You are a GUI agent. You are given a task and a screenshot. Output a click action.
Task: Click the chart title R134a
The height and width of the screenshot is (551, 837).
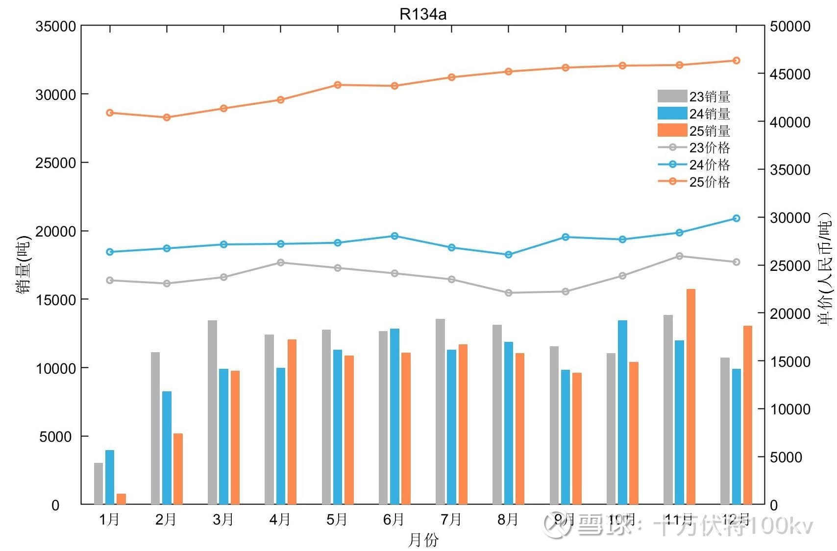click(422, 14)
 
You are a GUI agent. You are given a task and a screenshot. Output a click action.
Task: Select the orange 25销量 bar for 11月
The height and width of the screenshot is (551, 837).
click(690, 397)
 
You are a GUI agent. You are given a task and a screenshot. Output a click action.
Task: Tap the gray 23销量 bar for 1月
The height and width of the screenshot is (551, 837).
click(98, 483)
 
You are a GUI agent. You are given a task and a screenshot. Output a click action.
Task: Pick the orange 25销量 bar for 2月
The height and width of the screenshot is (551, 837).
click(178, 469)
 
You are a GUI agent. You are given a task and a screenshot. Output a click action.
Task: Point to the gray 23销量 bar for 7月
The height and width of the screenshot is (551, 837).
click(440, 411)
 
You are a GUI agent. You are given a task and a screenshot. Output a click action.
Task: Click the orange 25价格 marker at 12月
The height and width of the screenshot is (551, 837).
click(736, 61)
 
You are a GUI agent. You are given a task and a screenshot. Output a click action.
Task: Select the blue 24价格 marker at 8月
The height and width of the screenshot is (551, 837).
click(509, 255)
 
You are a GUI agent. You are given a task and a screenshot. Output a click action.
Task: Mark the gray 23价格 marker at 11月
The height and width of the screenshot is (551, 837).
click(679, 256)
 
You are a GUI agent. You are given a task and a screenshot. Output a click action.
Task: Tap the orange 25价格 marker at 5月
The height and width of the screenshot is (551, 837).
click(338, 85)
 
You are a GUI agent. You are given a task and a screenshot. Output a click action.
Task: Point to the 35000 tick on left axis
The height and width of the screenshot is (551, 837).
click(55, 26)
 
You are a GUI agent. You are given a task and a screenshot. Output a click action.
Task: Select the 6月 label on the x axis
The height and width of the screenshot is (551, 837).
click(394, 520)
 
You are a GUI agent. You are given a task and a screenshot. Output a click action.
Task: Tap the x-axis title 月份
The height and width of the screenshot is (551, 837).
click(423, 540)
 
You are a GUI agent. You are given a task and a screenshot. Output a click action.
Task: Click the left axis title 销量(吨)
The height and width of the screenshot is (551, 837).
click(23, 265)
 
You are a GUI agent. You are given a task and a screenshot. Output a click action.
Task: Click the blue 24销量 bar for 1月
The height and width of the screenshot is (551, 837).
click(110, 477)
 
